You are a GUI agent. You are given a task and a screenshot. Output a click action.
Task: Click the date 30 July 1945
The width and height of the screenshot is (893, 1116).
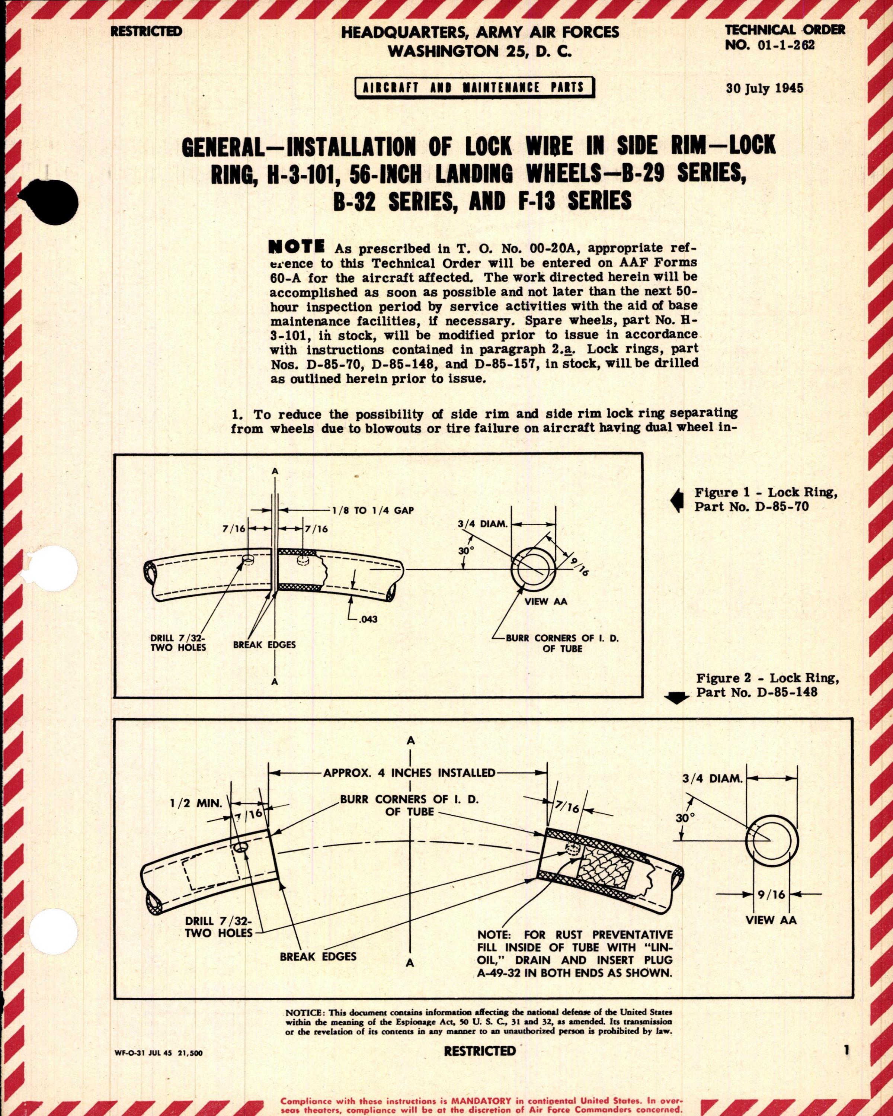click(x=765, y=88)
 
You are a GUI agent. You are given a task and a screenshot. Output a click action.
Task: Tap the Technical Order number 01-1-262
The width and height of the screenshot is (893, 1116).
click(x=770, y=45)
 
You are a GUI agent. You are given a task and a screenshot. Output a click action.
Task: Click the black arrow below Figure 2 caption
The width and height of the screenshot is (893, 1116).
click(x=679, y=699)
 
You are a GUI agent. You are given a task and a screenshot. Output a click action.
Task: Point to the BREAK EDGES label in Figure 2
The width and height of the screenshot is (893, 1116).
click(x=318, y=956)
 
